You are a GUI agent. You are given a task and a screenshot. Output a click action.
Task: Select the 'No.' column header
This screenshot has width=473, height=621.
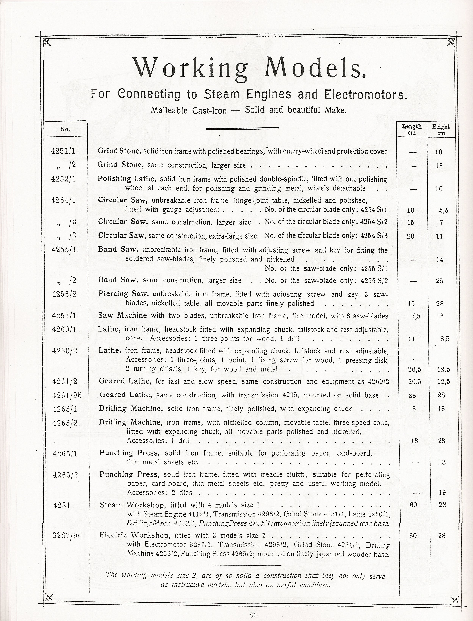pyautogui.click(x=65, y=129)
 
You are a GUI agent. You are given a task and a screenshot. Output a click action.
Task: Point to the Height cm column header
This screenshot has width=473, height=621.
pyautogui.click(x=441, y=130)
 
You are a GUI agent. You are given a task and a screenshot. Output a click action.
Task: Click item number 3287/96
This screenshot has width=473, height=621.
pyautogui.click(x=67, y=535)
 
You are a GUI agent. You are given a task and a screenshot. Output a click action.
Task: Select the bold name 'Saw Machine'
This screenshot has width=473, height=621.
pyautogui.click(x=122, y=315)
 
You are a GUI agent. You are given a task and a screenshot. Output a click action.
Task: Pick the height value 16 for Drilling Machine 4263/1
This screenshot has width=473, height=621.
pyautogui.click(x=441, y=409)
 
